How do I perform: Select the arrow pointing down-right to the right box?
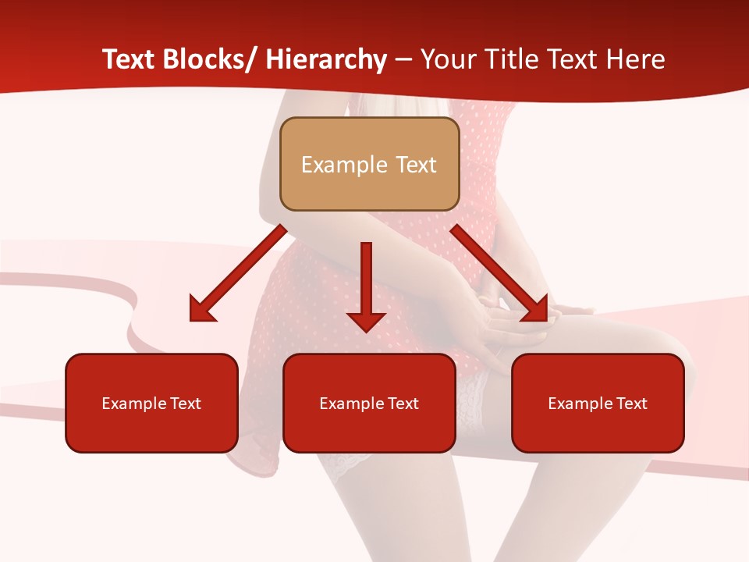pos(499,273)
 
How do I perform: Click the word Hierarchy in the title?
pos(326,59)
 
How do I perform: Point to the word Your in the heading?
pos(445,59)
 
